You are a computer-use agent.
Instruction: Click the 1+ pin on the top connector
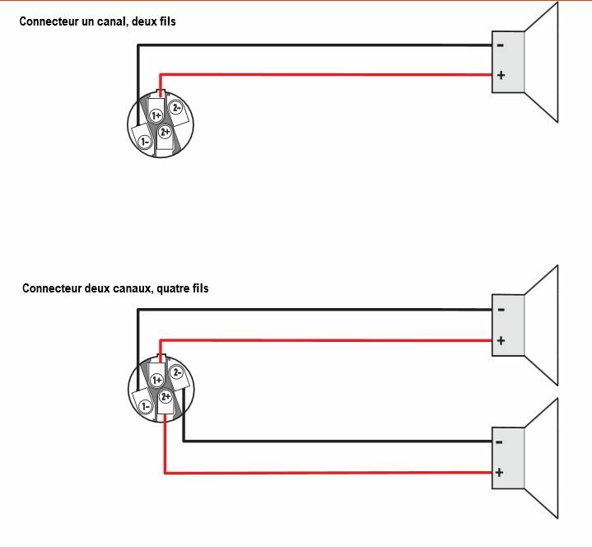click(156, 116)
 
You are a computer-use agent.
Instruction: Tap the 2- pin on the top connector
click(175, 108)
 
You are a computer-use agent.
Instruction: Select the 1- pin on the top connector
click(145, 142)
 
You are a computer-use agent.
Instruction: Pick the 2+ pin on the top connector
click(165, 132)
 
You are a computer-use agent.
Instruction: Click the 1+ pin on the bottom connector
click(156, 380)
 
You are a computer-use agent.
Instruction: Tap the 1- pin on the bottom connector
click(145, 406)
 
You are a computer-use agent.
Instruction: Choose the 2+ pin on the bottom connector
click(165, 396)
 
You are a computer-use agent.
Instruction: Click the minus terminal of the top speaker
click(500, 45)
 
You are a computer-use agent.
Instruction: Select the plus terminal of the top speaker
click(500, 76)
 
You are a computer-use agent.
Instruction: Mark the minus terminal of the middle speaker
click(500, 310)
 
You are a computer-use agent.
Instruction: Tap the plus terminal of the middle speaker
click(500, 340)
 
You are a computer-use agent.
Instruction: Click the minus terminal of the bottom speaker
click(500, 442)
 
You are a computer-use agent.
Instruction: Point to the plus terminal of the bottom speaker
click(500, 473)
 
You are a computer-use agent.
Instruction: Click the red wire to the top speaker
click(329, 76)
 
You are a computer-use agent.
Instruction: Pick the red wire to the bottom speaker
click(329, 473)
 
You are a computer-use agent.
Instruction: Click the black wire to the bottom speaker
click(329, 441)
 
